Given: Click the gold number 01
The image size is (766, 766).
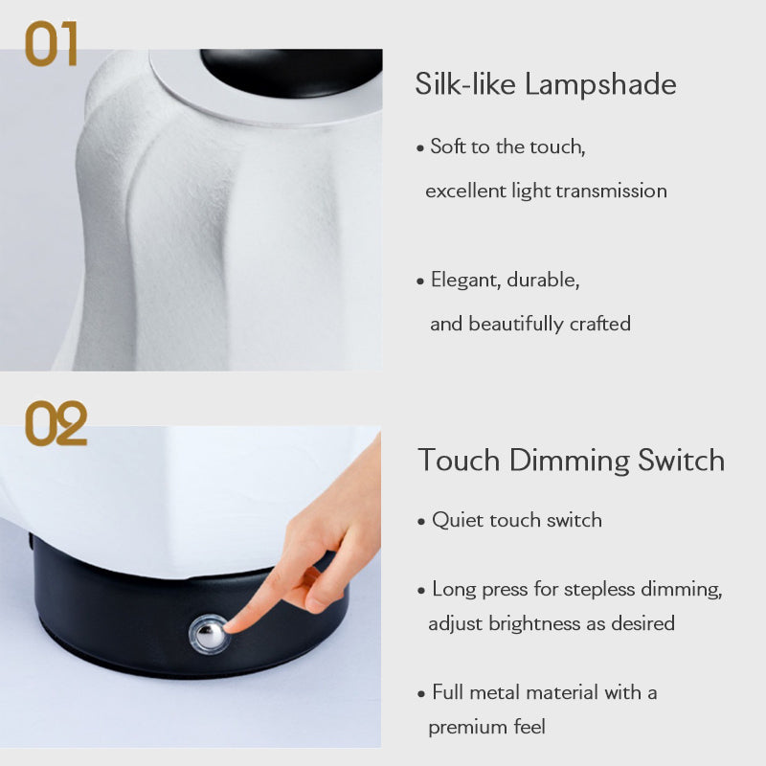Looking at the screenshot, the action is (x=52, y=43).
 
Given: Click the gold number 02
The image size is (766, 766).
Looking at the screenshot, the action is (x=56, y=423).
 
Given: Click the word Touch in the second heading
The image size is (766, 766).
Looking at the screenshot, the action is (x=459, y=460).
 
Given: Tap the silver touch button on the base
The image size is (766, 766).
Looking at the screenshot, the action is (x=209, y=634).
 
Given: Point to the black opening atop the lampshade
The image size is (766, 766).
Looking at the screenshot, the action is (x=292, y=72).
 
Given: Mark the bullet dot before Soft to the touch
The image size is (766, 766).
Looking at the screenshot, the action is (x=420, y=148).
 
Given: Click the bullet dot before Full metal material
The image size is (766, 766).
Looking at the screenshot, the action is (x=421, y=693).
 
